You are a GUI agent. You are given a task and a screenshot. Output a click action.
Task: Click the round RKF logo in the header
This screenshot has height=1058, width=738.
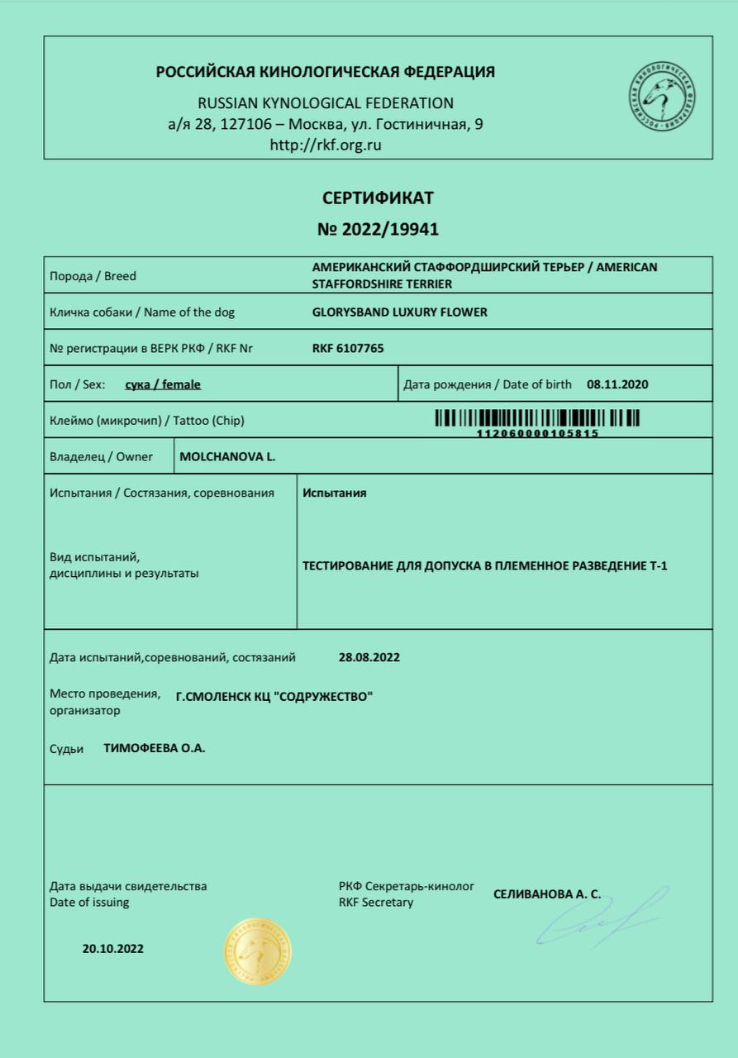pyautogui.click(x=661, y=96)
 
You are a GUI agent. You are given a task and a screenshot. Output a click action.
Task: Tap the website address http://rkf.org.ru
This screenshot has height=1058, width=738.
pyautogui.click(x=326, y=145)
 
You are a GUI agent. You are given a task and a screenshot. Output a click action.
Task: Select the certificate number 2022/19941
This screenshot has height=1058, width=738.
pyautogui.click(x=378, y=229)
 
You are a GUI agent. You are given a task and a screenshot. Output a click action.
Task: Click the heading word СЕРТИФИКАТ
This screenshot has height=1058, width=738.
pyautogui.click(x=378, y=198)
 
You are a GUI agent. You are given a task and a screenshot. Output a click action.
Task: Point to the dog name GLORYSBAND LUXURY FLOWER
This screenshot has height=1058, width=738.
pyautogui.click(x=399, y=312)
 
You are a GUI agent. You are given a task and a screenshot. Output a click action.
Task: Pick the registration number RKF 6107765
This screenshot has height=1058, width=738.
pyautogui.click(x=348, y=349)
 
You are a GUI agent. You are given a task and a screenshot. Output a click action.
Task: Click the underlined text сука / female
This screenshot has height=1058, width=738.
pyautogui.click(x=163, y=384)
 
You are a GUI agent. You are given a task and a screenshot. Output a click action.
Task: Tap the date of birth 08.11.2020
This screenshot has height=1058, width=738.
pyautogui.click(x=617, y=384)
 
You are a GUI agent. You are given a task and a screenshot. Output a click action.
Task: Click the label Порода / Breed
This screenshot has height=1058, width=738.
pyautogui.click(x=93, y=276)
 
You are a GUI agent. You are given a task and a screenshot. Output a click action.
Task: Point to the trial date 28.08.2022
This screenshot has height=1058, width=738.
pyautogui.click(x=369, y=658)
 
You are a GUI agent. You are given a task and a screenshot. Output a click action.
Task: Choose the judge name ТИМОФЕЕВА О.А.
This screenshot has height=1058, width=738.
pyautogui.click(x=154, y=749)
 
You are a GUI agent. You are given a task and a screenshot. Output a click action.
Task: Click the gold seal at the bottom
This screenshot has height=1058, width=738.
pyautogui.click(x=257, y=951)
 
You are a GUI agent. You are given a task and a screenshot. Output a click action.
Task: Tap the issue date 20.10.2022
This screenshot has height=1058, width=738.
pyautogui.click(x=112, y=949)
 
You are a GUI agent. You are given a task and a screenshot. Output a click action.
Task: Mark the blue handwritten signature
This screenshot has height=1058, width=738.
pyautogui.click(x=599, y=919)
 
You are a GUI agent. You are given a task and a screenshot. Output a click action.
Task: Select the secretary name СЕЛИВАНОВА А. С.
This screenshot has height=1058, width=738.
pyautogui.click(x=546, y=894)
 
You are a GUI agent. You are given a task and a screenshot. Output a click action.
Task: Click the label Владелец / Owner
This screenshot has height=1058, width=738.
pyautogui.click(x=101, y=456)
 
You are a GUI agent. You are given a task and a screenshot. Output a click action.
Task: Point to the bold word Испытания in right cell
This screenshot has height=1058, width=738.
pyautogui.click(x=334, y=493)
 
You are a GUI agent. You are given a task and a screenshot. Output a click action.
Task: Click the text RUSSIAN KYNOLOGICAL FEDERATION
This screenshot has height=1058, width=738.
pyautogui.click(x=326, y=103)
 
